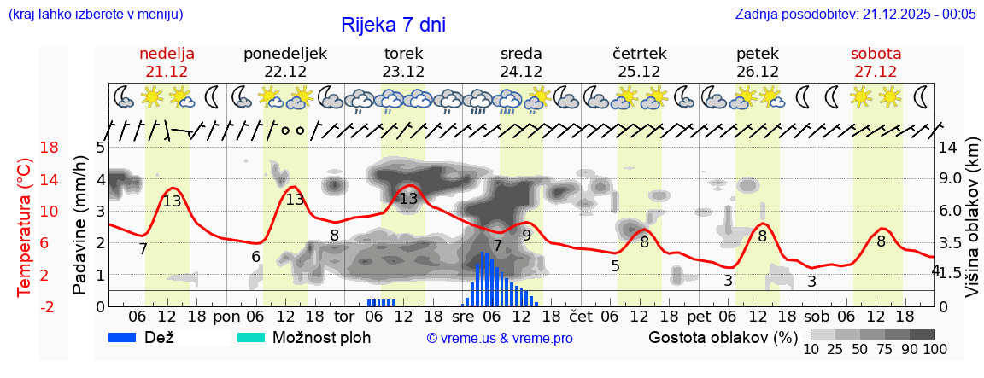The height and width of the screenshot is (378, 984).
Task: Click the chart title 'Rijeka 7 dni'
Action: click(393, 25)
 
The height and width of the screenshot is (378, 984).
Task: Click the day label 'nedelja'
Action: click(167, 54)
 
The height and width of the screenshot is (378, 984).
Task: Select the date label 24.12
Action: click(521, 72)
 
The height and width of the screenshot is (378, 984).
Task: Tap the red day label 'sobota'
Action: click(876, 54)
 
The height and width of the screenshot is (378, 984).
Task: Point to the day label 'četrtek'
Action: click(639, 54)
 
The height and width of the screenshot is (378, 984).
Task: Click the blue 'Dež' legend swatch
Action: click(128, 337)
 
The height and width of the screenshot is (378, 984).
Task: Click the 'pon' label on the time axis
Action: click(226, 316)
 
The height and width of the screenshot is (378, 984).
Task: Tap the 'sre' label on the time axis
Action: click(462, 316)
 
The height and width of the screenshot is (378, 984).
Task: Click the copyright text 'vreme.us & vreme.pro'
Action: click(500, 338)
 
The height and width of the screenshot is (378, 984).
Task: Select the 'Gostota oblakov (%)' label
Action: click(723, 337)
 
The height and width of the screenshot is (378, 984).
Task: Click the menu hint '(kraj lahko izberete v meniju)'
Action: click(95, 14)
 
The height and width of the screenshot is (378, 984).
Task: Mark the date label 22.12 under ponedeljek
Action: click(285, 72)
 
